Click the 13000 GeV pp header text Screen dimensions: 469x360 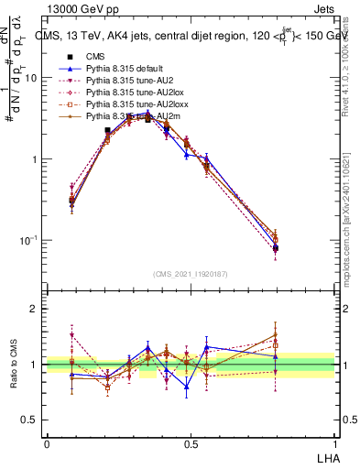click(82, 9)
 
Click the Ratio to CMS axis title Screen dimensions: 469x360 click(12, 365)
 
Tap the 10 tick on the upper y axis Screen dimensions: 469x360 click(32, 78)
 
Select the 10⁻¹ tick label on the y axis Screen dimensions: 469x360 click(29, 240)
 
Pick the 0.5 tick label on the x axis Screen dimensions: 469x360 click(191, 443)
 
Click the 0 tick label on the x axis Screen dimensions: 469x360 click(47, 443)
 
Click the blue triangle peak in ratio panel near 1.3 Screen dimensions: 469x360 click(148, 347)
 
